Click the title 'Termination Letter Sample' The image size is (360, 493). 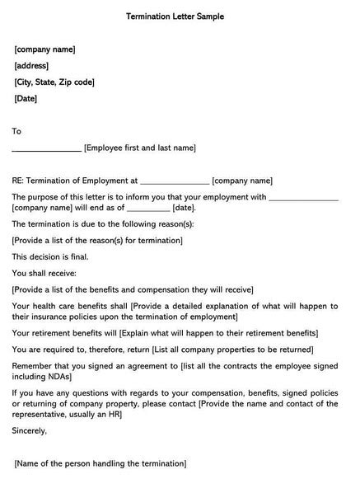[x=175, y=16]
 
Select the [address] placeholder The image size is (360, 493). [x=31, y=66]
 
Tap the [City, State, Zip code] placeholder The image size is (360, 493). [x=54, y=82]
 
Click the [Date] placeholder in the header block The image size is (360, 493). [x=26, y=99]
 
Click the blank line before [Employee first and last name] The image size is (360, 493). [x=47, y=149]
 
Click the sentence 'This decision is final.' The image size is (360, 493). [x=50, y=256]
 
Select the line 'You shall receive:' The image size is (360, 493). [x=44, y=273]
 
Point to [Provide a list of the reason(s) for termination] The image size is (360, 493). [x=97, y=240]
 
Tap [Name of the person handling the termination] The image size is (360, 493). [x=100, y=464]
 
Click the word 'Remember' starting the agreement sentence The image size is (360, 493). [x=32, y=365]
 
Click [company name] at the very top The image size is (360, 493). [x=44, y=49]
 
